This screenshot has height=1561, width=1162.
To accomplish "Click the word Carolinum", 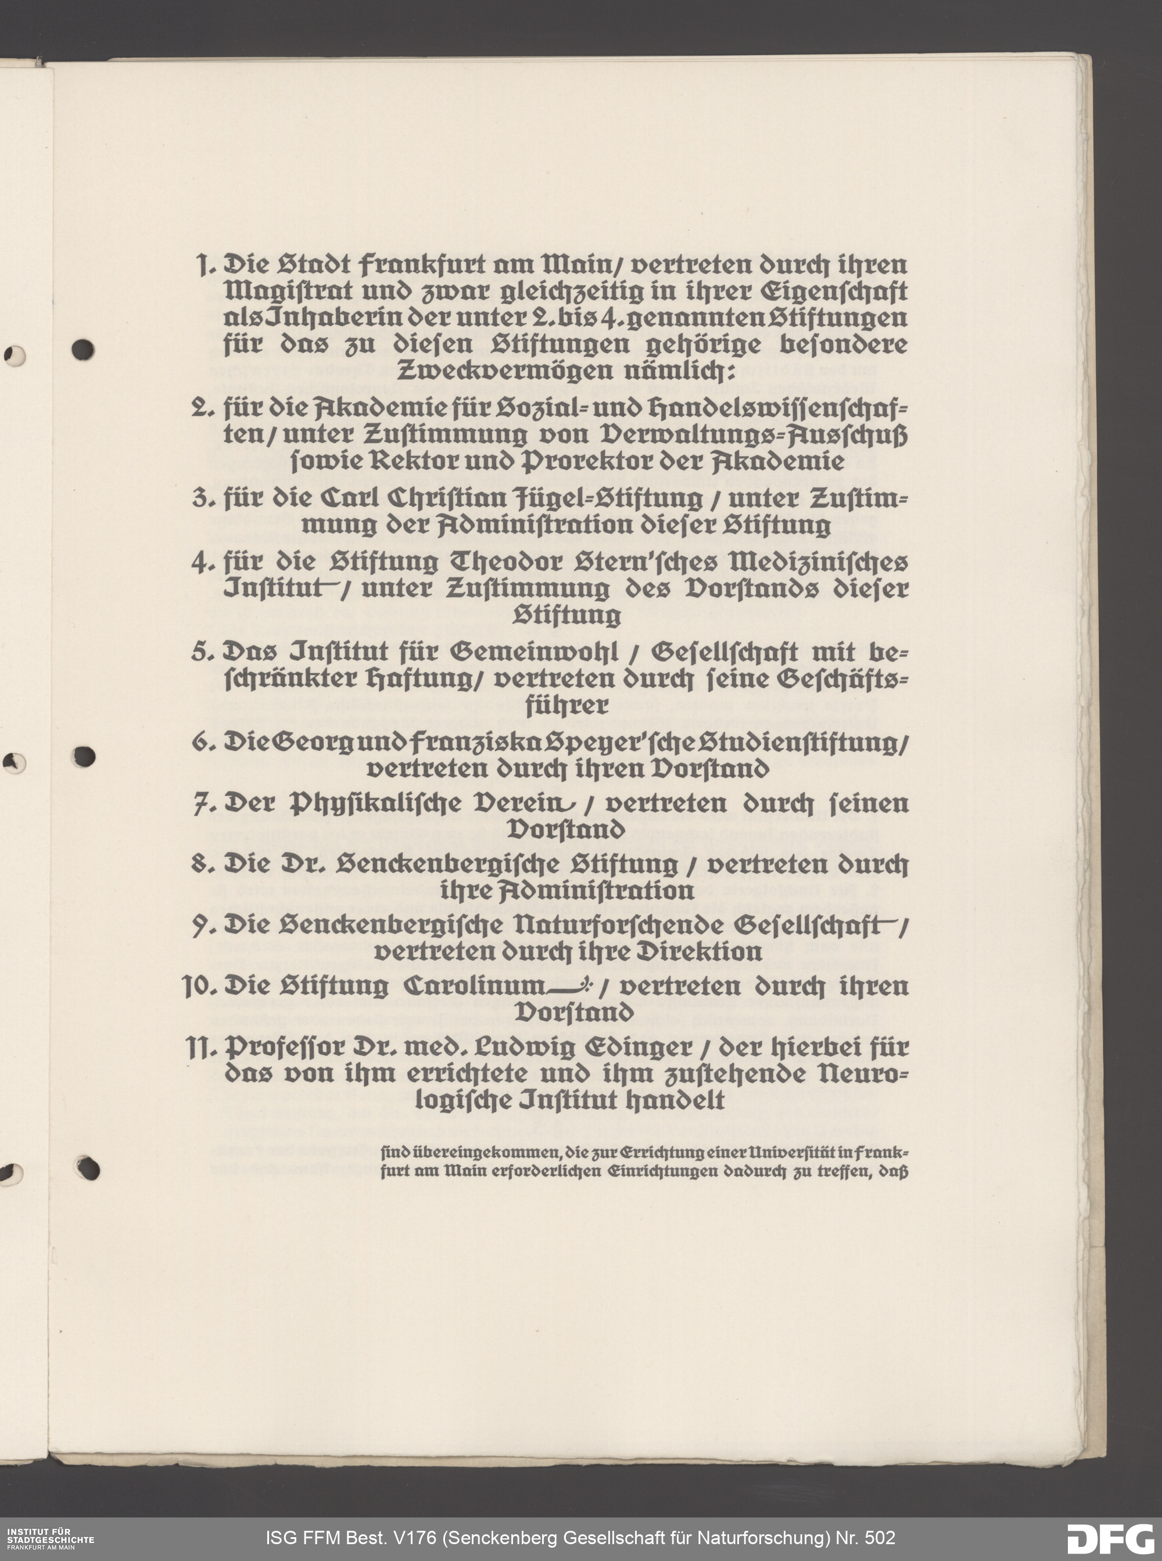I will [474, 987].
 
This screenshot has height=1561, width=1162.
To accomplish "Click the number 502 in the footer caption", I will [879, 1538].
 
